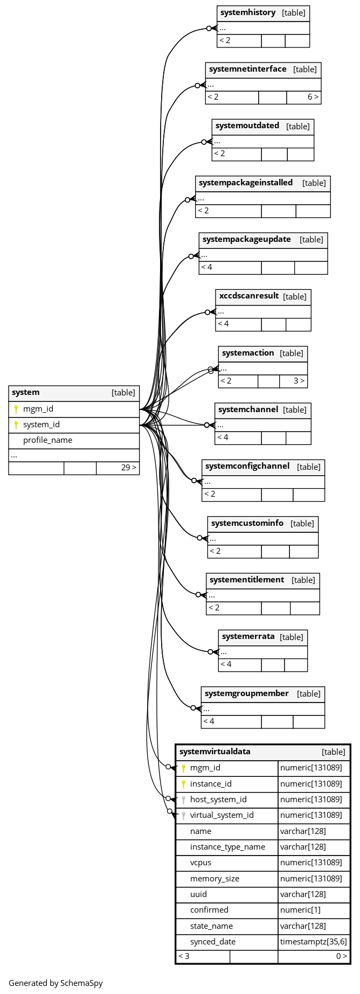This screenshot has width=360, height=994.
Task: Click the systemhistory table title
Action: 248,12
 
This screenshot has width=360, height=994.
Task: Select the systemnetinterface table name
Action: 248,69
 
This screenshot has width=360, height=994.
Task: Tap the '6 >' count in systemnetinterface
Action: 313,97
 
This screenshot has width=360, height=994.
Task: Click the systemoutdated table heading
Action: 247,126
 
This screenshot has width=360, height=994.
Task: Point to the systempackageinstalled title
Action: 246,183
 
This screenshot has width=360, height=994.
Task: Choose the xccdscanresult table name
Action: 249,296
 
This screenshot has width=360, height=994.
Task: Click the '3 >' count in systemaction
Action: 299,381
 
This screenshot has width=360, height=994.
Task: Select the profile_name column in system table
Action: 47,440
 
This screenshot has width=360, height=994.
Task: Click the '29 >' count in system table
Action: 129,467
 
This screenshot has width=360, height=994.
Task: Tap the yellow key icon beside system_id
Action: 16,425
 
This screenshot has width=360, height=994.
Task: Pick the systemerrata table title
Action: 248,636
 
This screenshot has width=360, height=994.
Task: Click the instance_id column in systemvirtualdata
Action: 211,784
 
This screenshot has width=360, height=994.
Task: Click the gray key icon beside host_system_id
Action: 183,800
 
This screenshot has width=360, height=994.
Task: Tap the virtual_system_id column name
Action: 222,815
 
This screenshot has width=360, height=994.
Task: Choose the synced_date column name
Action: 213,942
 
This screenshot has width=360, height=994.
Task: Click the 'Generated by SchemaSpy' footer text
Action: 56,983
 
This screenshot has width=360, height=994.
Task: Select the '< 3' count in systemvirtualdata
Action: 184,956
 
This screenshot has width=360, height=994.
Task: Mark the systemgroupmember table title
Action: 247,693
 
